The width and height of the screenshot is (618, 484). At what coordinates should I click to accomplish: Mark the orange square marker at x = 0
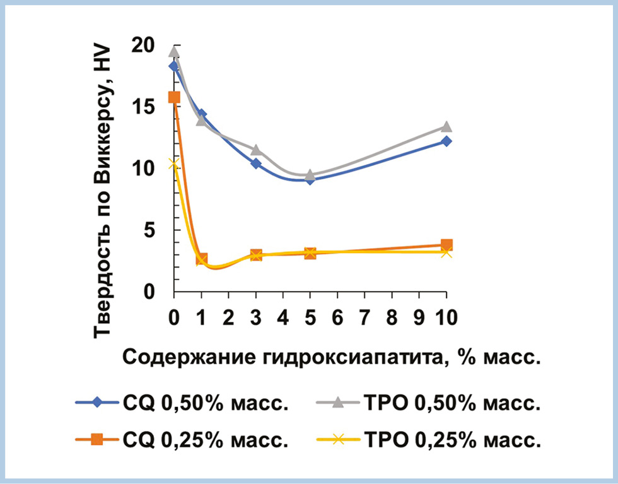tap(174, 97)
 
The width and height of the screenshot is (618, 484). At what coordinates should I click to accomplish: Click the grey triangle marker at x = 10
tap(446, 127)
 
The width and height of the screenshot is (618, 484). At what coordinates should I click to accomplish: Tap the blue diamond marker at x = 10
tap(446, 141)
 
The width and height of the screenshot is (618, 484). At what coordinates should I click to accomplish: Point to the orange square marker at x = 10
tap(446, 245)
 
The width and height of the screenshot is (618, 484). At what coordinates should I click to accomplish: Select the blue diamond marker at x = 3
tap(256, 163)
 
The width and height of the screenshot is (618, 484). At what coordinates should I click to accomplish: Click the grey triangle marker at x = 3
tap(256, 150)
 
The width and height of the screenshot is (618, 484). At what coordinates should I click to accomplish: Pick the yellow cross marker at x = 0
tap(174, 164)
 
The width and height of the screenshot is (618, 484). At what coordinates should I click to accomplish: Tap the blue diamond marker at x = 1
tap(201, 114)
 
